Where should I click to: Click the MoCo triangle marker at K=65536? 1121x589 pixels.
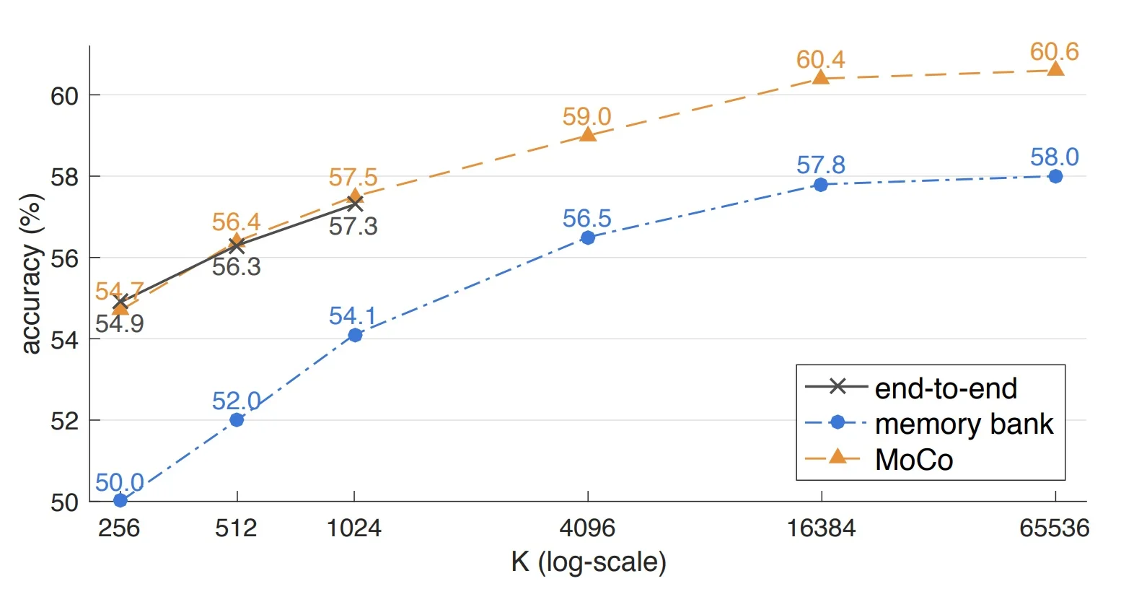pos(1055,69)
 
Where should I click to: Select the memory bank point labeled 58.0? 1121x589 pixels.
pos(1055,176)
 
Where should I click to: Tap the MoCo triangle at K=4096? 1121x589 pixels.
pos(588,134)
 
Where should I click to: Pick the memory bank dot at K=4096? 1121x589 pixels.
pos(588,237)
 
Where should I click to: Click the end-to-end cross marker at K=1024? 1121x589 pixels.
pos(354,204)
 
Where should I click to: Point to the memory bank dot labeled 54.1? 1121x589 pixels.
pos(354,335)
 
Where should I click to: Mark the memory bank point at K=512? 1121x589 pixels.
pos(237,419)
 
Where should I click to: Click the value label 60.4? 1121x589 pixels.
pos(820,59)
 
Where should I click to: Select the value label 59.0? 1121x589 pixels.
pos(586,116)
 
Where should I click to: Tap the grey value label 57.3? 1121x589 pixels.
pos(353,227)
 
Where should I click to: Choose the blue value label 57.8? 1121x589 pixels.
pos(820,165)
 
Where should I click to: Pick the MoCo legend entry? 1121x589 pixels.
pos(913,460)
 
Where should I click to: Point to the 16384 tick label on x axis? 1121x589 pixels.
pos(820,528)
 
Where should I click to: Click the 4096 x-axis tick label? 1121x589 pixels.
pos(587,528)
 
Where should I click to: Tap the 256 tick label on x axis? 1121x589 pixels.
pos(119,528)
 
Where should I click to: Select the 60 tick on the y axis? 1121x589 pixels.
pos(64,96)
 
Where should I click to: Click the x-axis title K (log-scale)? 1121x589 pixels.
pos(588,562)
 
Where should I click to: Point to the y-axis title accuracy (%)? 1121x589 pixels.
pos(30,274)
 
